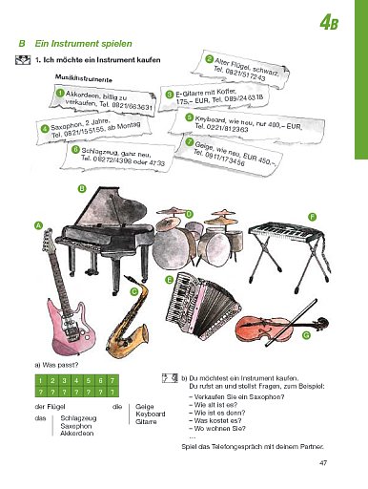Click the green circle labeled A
click(39, 224)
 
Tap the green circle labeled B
click(82, 189)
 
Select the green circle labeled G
click(305, 336)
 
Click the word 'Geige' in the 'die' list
click(145, 407)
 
